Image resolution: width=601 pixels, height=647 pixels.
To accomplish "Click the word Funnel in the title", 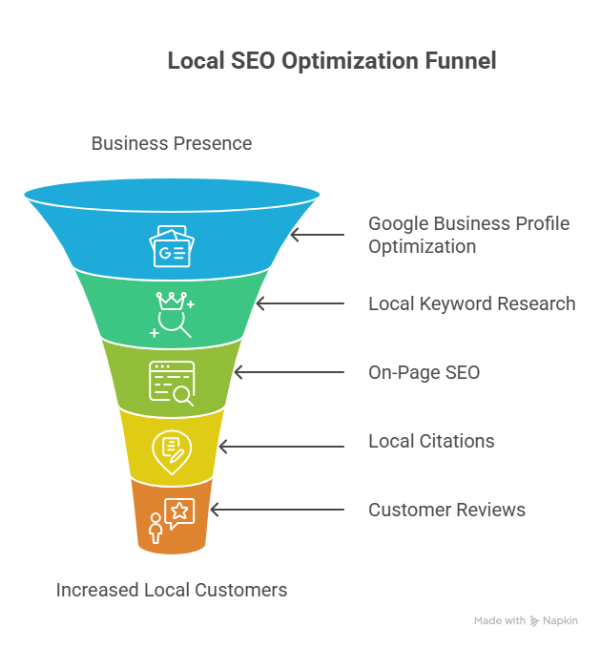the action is point(461,61).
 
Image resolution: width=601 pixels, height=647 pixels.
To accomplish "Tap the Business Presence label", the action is point(172,143).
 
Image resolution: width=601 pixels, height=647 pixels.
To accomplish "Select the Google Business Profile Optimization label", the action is point(469,235).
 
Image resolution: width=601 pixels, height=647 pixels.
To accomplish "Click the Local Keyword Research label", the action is point(472,303).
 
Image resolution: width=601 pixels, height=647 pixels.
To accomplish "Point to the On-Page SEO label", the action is point(425,372).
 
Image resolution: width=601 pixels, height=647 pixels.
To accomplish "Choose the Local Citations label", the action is point(431,441).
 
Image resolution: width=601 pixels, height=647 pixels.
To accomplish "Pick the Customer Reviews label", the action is point(446,510).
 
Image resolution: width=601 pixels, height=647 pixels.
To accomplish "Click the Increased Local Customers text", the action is point(172,590).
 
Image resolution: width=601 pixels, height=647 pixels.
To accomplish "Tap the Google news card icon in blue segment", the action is point(172,246).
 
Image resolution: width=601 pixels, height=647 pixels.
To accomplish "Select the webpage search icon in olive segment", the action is point(172,384).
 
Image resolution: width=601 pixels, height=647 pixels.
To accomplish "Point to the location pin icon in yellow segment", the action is point(172,452).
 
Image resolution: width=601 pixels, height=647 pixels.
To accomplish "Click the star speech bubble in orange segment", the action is point(179,512).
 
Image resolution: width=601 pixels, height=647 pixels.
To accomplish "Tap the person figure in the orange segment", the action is point(155,528).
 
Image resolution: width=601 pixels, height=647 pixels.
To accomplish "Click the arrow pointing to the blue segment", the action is point(318,235).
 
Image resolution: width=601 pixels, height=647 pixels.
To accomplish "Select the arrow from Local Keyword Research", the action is point(300,303).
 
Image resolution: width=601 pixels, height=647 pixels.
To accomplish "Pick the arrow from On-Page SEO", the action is point(289,372).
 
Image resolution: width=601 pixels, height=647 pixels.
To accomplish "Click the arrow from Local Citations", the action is point(281,447).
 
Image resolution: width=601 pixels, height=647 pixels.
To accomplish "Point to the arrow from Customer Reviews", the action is point(278,510).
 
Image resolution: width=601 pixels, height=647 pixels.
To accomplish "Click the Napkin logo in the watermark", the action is point(534,621).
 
